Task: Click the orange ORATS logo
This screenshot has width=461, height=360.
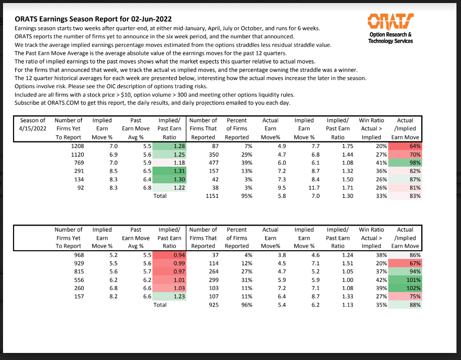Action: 390,21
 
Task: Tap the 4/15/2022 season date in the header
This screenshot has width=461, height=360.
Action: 32,128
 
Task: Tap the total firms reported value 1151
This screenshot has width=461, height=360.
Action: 207,196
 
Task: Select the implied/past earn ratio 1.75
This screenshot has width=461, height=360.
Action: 338,146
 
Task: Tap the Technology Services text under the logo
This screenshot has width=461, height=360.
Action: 390,41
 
